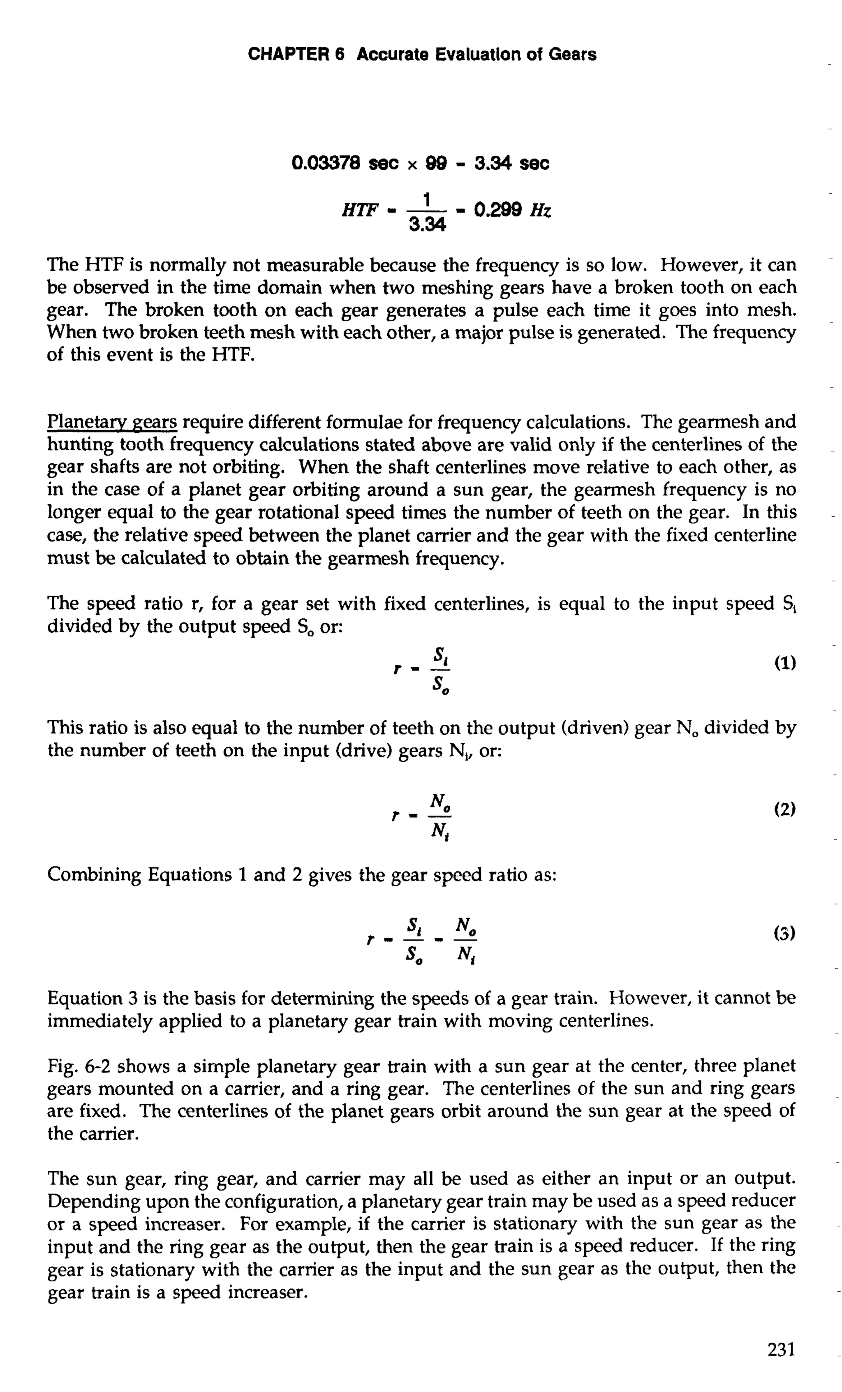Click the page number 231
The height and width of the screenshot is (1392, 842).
[x=781, y=1350]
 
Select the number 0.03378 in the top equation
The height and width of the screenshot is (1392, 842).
[x=326, y=164]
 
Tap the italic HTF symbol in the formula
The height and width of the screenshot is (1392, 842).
[x=360, y=211]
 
